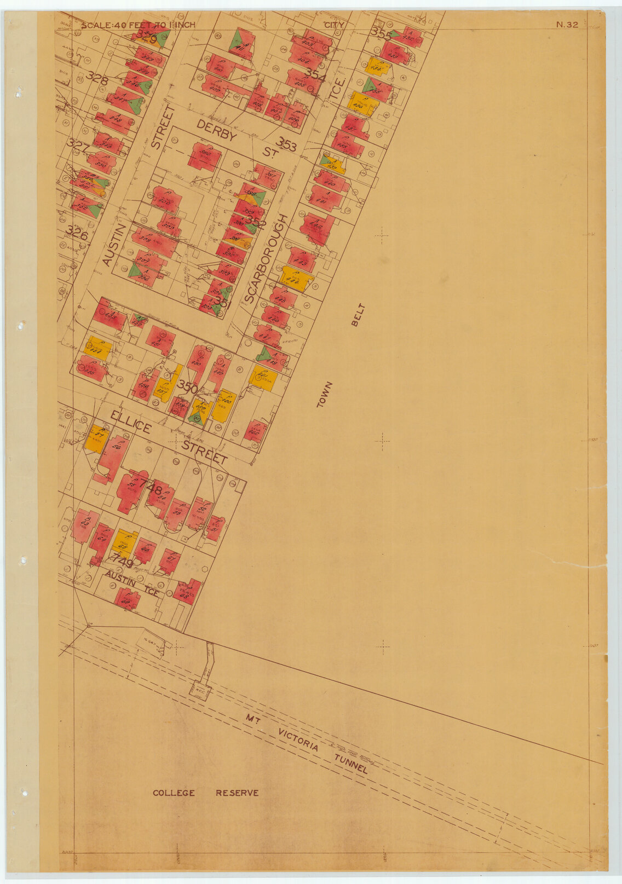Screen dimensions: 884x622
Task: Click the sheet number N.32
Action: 567,24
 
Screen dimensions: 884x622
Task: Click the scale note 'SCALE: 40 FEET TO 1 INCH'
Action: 137,25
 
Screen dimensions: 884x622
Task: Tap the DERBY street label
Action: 216,131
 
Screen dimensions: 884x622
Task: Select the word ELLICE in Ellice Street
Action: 130,422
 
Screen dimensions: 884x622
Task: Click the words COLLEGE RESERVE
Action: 205,793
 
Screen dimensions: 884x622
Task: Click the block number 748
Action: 150,486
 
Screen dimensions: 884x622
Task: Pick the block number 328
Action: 97,78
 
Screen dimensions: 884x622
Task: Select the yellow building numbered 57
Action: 97,438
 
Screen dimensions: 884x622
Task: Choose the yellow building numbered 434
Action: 377,67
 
